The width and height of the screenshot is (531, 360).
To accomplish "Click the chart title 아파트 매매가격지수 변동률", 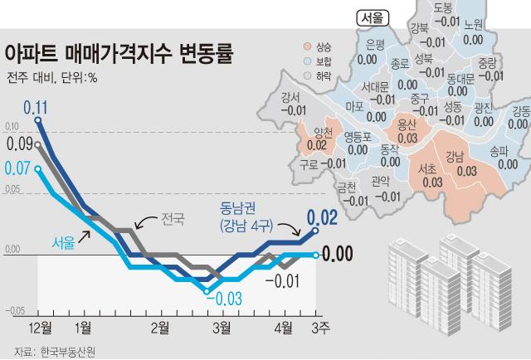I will click(119, 56).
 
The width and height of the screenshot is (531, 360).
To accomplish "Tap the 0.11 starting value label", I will click(36, 106).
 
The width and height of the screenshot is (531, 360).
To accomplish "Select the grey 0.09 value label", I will click(20, 144).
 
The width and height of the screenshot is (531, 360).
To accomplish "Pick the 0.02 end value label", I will click(323, 218).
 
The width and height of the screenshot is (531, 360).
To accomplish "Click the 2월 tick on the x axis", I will click(160, 327).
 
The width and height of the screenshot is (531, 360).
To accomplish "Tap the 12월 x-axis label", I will click(39, 327).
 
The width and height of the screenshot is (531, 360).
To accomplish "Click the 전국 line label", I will click(173, 219).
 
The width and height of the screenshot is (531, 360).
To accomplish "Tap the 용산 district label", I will click(407, 125).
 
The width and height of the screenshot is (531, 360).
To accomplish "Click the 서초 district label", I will click(431, 168).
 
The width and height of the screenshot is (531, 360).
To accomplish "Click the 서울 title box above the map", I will click(371, 17).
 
